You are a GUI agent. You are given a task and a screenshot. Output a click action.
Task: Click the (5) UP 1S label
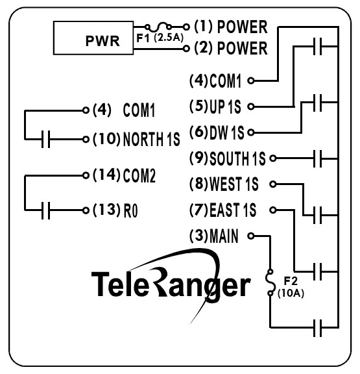[216, 105]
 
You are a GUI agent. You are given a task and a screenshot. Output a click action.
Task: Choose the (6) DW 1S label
[216, 131]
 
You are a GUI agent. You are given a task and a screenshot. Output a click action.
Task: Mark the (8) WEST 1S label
[224, 184]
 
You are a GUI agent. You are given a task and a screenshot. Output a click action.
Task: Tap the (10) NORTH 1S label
[134, 139]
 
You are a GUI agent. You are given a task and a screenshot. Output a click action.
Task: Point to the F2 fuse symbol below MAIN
[270, 284]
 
